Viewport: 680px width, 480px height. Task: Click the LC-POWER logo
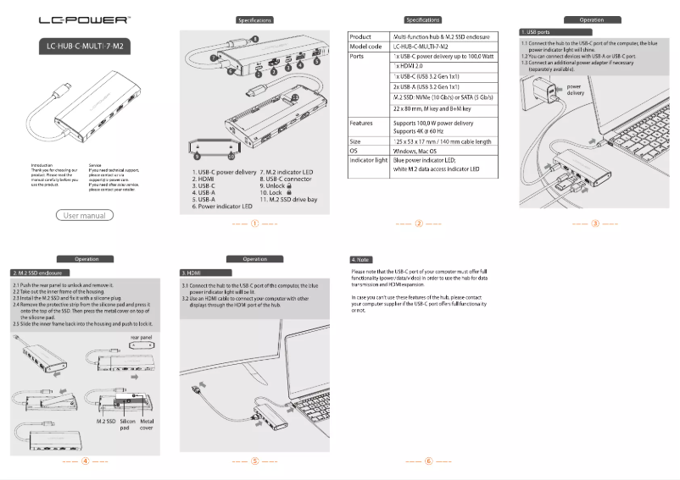[x=84, y=19]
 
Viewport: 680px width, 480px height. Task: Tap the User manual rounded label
[x=85, y=216]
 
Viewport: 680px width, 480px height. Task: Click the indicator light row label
[x=369, y=160]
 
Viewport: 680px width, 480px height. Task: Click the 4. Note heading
[x=362, y=258]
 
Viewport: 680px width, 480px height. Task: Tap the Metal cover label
[x=148, y=424]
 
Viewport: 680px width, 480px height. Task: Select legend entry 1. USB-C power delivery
[x=224, y=172]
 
